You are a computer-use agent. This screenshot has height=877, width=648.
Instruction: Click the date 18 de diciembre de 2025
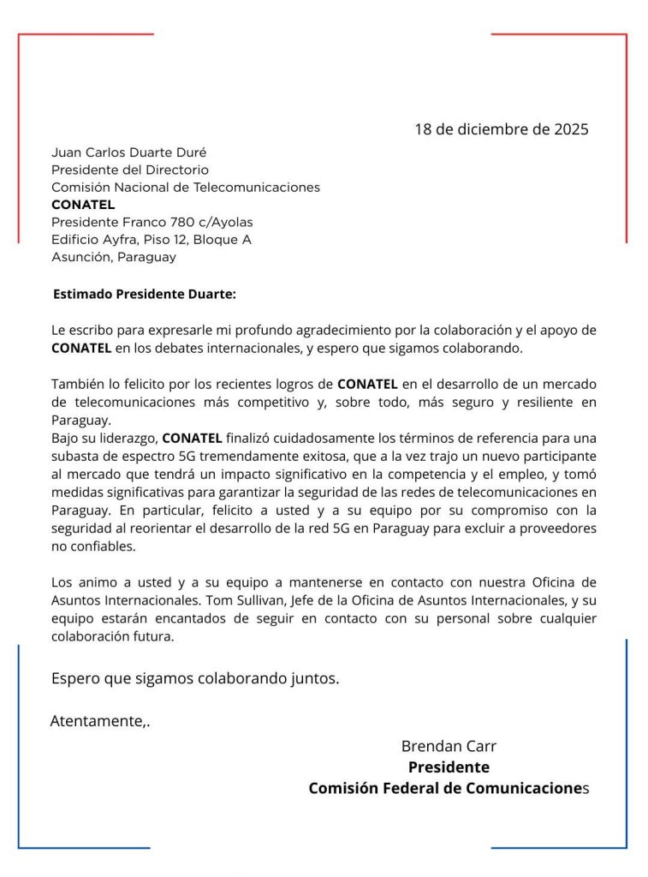[x=502, y=130]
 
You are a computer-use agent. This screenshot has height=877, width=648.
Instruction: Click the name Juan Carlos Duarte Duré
[x=129, y=152]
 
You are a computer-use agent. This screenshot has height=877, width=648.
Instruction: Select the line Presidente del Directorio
[x=130, y=170]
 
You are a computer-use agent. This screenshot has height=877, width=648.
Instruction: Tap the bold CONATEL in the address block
[x=83, y=205]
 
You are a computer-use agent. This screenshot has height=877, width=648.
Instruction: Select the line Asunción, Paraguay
[x=114, y=257]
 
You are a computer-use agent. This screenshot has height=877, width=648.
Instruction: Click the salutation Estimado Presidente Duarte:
[x=144, y=294]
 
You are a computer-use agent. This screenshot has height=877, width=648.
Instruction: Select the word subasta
[x=74, y=456]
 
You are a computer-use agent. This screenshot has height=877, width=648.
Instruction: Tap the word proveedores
[x=557, y=528]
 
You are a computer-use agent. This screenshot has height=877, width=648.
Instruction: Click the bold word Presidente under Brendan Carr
[x=449, y=767]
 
